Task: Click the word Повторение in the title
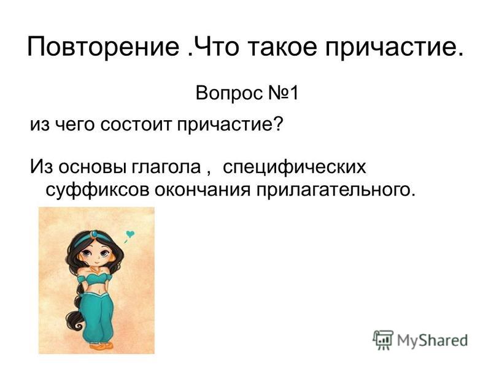coord(103,47)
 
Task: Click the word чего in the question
coord(74,125)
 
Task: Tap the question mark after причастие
coord(279,124)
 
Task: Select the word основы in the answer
coord(93,167)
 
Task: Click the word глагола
coord(166,166)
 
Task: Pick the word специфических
coord(295,167)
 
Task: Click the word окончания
coord(203,190)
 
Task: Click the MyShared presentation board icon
coord(383,340)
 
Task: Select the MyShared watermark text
coord(433,340)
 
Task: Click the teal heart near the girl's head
coord(130,234)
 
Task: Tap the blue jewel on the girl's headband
coord(94,234)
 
